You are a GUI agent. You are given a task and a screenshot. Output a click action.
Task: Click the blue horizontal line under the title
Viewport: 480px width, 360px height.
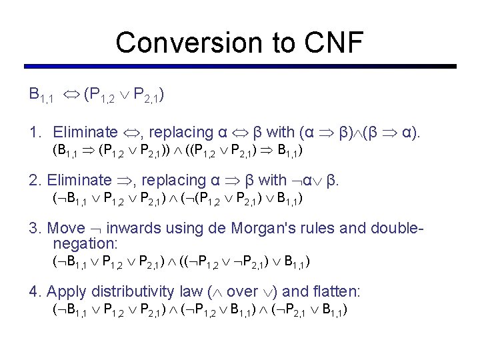click(240, 66)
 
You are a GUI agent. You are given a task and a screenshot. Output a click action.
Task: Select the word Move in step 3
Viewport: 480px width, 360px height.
click(67, 229)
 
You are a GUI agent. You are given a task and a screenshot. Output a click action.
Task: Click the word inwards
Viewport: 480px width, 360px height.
click(133, 229)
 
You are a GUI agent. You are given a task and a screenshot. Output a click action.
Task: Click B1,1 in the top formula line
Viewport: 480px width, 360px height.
click(41, 96)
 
